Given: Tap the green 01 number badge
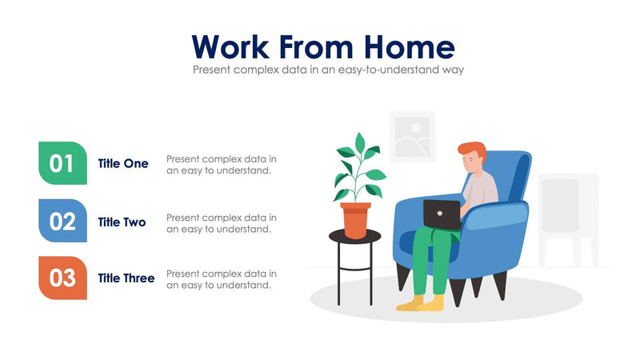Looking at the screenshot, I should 62,163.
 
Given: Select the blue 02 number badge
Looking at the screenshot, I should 62,221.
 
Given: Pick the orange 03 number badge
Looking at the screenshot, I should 62,278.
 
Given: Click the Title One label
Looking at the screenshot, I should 123,163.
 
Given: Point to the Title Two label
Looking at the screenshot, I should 122,222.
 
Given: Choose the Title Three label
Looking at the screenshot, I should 126,278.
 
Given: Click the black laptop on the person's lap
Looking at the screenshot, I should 442,213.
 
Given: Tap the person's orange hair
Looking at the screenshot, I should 472,150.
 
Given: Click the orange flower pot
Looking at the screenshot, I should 355,219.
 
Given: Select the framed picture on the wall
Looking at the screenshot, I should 412,137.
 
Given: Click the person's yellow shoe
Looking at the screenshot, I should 432,303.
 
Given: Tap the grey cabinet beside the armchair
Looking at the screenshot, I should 568,216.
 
